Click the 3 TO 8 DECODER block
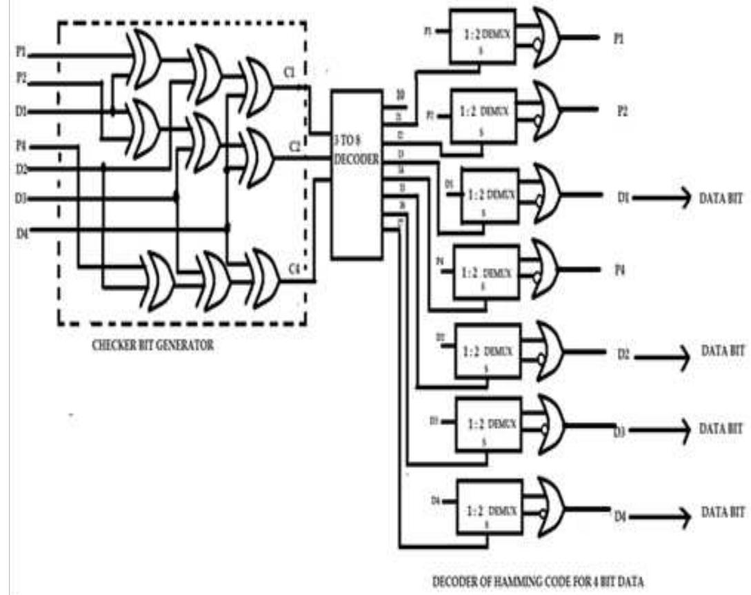(x=356, y=173)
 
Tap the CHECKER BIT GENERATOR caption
(x=154, y=346)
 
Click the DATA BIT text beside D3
(x=723, y=428)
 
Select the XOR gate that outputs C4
(x=263, y=273)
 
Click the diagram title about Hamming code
(x=537, y=582)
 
